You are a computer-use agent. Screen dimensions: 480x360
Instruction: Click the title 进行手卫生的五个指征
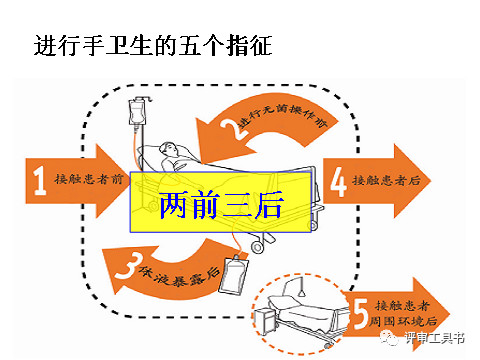153,45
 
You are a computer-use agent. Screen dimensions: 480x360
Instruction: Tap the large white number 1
40,180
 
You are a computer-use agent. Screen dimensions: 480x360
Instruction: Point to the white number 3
128,266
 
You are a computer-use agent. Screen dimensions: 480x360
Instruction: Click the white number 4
338,182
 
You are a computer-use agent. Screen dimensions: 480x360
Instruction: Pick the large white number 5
360,314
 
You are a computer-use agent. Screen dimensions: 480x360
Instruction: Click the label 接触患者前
89,179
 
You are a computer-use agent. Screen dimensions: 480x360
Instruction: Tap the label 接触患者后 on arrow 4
386,180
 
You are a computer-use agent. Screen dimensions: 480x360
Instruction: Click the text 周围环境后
403,321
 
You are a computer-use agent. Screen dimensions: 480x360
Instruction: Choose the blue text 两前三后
221,205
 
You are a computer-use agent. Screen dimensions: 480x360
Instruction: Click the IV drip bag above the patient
137,113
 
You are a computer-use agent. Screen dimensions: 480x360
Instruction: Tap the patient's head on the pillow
168,149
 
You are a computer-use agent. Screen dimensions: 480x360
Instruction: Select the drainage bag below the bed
234,274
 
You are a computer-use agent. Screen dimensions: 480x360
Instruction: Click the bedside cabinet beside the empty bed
265,322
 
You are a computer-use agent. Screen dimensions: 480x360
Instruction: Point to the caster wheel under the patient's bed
257,247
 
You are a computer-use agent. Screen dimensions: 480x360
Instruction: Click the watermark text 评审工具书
434,338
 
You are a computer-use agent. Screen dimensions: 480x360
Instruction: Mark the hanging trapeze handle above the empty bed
302,293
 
